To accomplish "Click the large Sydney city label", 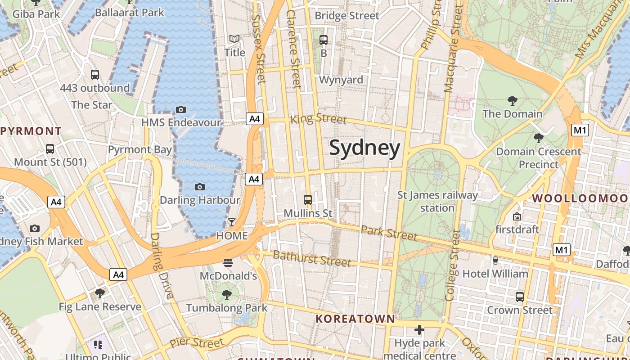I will [364, 148].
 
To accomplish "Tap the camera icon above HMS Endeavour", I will [181, 109].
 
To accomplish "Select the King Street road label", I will [319, 119].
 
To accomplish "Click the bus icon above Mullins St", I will [308, 199].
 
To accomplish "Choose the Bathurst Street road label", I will [312, 259].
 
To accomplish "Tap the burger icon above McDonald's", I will [228, 263].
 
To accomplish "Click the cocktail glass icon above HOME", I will [232, 222].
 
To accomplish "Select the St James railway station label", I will [437, 201].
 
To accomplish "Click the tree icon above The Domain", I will [512, 101].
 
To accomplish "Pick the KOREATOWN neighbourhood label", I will [355, 319].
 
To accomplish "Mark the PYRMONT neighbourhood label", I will [31, 131].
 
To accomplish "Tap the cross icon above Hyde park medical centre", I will [419, 330].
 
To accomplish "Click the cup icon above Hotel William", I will [495, 260].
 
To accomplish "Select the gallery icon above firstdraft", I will [517, 216].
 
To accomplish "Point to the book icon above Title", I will [234, 40].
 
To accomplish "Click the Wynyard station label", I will [341, 80].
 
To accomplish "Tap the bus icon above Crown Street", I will [520, 297].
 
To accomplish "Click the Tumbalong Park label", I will [227, 308].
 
